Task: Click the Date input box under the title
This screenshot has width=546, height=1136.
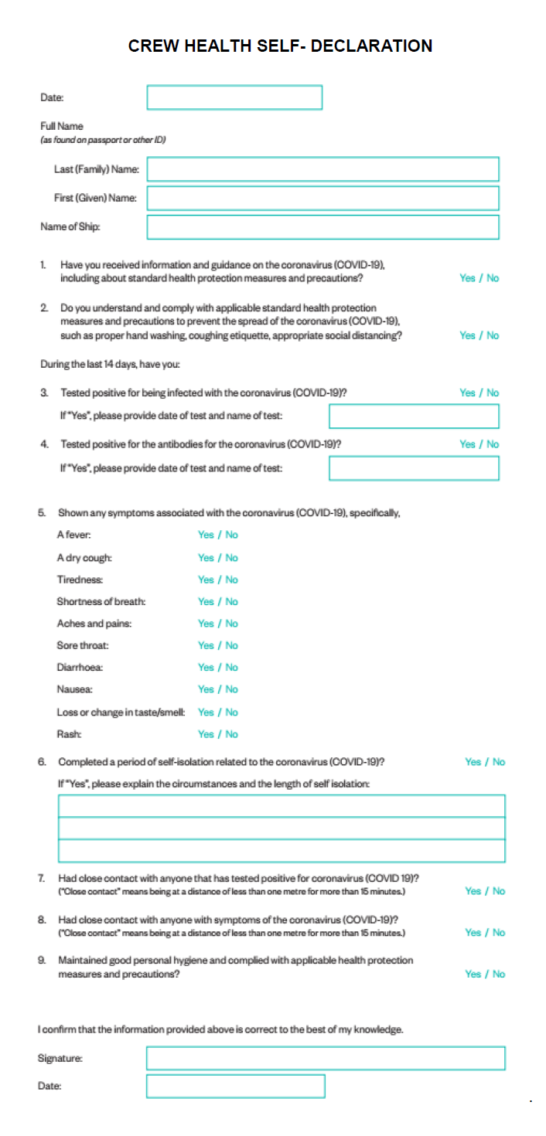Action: [x=234, y=97]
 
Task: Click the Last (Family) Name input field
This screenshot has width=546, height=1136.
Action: [x=322, y=169]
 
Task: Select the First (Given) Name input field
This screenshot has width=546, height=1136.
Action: [x=322, y=198]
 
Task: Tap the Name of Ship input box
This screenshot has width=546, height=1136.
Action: [x=322, y=226]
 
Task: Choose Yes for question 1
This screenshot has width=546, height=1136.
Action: [x=467, y=278]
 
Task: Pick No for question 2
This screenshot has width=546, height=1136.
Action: [x=493, y=335]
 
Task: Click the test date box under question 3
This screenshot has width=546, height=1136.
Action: [x=414, y=417]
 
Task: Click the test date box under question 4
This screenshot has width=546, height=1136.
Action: [x=414, y=468]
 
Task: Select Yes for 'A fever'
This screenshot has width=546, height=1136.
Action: [x=206, y=535]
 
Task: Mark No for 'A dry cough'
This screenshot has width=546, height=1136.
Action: [x=231, y=558]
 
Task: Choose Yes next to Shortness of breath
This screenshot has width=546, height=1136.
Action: [x=206, y=601]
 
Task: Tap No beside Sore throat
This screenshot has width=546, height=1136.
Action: [x=231, y=645]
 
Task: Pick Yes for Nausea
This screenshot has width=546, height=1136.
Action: [x=206, y=689]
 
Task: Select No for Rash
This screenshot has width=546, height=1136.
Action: [x=231, y=734]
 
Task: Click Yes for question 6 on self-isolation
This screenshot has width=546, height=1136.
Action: [x=473, y=762]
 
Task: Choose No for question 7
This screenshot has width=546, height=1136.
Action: [x=498, y=891]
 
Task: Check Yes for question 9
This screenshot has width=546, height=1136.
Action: [x=473, y=974]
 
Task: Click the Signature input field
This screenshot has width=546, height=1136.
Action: [x=325, y=1058]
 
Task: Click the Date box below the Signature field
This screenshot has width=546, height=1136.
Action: [x=235, y=1086]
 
